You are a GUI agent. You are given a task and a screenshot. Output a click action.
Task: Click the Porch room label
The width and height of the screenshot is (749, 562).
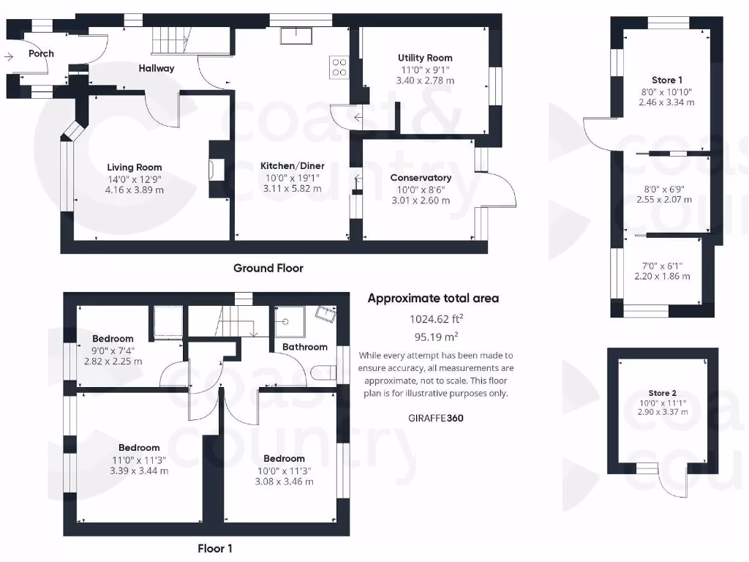coord(41,53)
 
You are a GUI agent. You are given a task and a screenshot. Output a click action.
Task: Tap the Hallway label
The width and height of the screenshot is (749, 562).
coord(157,68)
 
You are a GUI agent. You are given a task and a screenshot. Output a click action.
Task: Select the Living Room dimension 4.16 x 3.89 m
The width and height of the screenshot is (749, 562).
coord(135,190)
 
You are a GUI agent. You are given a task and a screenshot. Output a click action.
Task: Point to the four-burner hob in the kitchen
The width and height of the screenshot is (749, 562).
coord(339,67)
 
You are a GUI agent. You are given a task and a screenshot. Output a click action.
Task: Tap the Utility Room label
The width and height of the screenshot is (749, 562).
coord(425,58)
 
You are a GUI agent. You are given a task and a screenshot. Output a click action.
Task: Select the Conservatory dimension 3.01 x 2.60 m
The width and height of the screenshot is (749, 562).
coord(421,200)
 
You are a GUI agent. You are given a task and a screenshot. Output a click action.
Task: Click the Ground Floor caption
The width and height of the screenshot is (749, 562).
coord(268,268)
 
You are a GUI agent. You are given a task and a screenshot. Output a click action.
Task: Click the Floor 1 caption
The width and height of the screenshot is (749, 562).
coord(215,547)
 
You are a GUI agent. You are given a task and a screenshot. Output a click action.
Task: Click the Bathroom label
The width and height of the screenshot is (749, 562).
coord(304,347)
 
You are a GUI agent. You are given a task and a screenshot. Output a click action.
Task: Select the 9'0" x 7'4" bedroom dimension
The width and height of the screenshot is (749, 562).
coord(113,351)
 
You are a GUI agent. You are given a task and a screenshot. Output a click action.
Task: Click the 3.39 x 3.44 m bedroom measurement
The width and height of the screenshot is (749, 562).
coord(139,471)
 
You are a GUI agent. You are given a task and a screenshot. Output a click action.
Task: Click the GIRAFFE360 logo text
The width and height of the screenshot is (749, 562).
coord(434,419)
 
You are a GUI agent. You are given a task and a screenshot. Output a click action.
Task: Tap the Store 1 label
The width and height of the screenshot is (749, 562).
coord(666,80)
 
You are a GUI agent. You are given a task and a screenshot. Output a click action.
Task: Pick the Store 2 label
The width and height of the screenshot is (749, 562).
coord(663,393)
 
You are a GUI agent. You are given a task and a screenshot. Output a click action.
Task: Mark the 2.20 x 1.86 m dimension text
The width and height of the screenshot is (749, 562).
coord(661,277)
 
